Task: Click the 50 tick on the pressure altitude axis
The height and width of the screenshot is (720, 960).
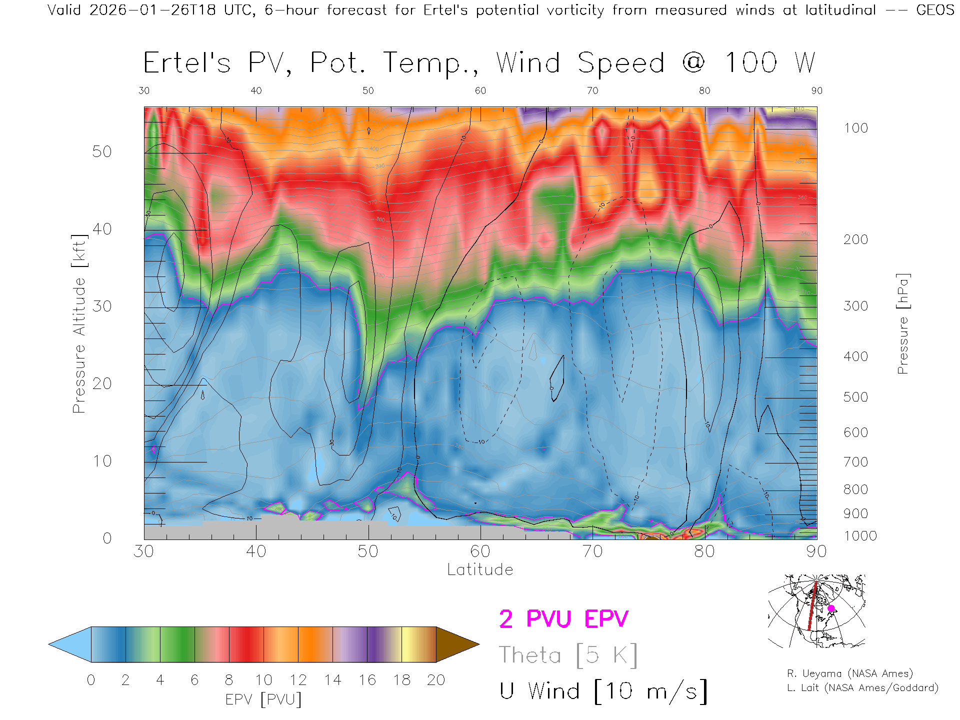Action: coord(102,151)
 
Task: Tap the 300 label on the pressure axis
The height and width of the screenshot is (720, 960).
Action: coord(855,306)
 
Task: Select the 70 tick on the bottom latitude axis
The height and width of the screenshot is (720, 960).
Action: coord(592,551)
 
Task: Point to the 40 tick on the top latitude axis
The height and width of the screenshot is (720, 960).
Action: coord(256,90)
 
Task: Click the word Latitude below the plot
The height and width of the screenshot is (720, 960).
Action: coord(480,569)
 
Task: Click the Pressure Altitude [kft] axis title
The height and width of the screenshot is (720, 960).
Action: coord(79,324)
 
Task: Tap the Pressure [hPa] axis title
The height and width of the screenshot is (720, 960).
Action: coord(902,324)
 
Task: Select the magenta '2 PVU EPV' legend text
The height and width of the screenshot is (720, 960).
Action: coord(563,619)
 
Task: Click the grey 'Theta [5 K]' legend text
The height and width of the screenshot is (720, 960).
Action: coord(568,655)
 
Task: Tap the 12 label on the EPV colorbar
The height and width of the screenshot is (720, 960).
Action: coord(298,680)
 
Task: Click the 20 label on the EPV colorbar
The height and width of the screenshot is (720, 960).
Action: coord(436,680)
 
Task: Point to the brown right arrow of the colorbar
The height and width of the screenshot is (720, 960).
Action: coord(456,644)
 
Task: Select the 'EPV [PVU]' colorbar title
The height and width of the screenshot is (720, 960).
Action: coord(263,699)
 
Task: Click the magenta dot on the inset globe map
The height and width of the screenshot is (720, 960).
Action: coord(831,608)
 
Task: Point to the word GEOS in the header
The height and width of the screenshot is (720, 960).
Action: coord(935,10)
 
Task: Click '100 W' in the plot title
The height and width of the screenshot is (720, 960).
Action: coord(770,63)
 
